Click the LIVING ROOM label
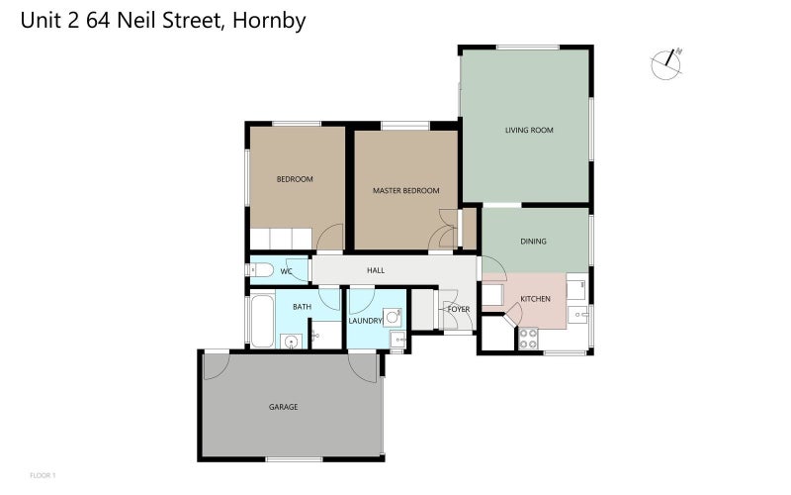pyautogui.click(x=529, y=130)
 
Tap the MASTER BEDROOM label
pyautogui.click(x=405, y=190)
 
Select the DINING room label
pyautogui.click(x=534, y=241)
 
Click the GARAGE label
pyautogui.click(x=284, y=407)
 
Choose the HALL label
pyautogui.click(x=376, y=270)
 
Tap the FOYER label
pyautogui.click(x=459, y=309)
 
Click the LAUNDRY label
pyautogui.click(x=365, y=321)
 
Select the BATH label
pyautogui.click(x=302, y=307)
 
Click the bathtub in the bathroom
pyautogui.click(x=262, y=322)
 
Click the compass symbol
pyautogui.click(x=667, y=62)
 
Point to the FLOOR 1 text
pyautogui.click(x=44, y=476)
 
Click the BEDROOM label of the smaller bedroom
pyautogui.click(x=295, y=179)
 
